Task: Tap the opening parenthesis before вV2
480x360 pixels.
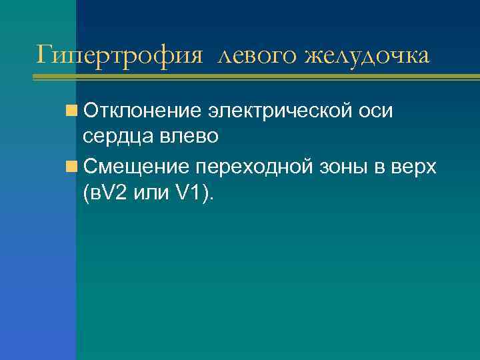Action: (87, 193)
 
